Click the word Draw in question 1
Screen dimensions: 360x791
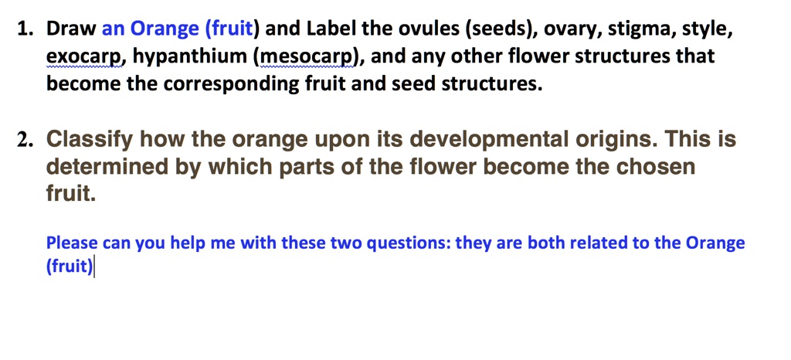(x=71, y=30)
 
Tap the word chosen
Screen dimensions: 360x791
(x=655, y=167)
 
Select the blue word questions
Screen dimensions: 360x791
(x=406, y=243)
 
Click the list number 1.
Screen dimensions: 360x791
(x=25, y=30)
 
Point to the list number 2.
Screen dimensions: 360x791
(x=27, y=140)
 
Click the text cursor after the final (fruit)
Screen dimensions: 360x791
(x=94, y=267)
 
